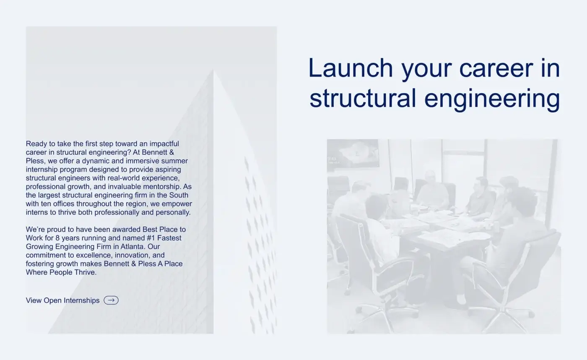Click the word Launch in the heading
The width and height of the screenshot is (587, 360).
351,68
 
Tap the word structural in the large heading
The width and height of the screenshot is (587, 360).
363,98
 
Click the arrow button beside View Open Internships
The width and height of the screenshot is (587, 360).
111,300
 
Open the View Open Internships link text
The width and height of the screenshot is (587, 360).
62,300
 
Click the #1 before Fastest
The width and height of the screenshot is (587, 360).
151,238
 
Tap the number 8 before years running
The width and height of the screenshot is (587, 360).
58,238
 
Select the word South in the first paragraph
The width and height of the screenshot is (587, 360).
179,195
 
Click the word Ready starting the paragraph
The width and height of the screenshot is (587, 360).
36,144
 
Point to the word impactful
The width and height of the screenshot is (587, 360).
164,144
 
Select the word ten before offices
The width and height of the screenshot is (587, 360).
46,204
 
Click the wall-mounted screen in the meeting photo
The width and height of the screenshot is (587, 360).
353,154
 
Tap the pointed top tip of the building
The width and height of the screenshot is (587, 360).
213,69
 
